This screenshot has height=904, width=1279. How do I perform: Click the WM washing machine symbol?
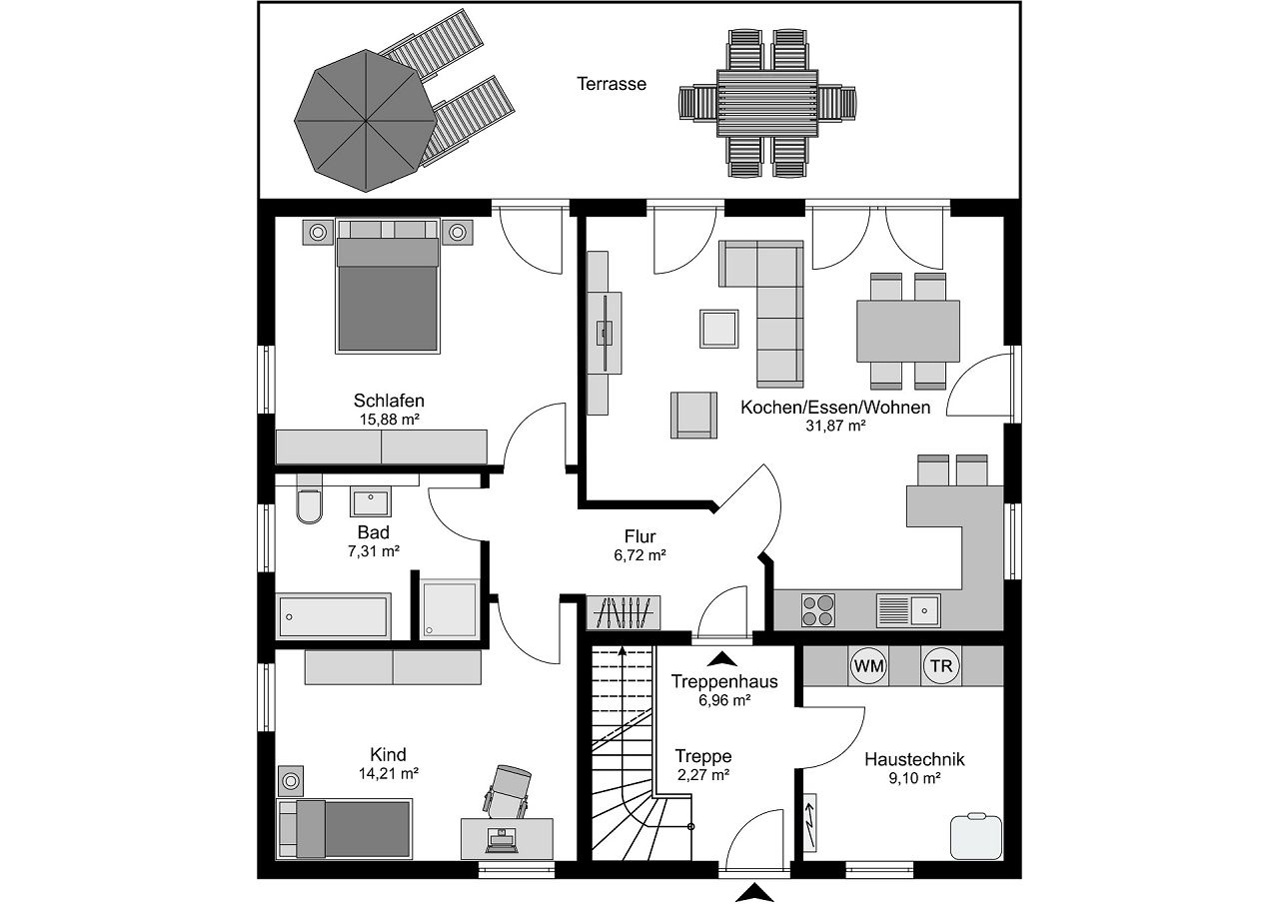pyautogui.click(x=868, y=665)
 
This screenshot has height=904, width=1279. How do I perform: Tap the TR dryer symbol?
pyautogui.click(x=940, y=665)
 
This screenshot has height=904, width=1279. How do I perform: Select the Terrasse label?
pyautogui.click(x=612, y=84)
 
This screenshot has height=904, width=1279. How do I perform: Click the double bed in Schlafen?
pyautogui.click(x=388, y=295)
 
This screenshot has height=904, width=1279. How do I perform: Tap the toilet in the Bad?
pyautogui.click(x=310, y=505)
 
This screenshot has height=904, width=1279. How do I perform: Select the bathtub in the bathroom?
pyautogui.click(x=334, y=617)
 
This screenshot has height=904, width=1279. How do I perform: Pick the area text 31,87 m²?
pyautogui.click(x=835, y=426)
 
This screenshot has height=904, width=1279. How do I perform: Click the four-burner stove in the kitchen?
pyautogui.click(x=818, y=609)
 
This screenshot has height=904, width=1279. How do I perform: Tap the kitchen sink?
pyautogui.click(x=908, y=606)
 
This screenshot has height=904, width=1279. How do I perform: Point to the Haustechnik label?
pyautogui.click(x=914, y=759)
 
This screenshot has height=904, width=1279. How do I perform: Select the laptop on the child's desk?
pyautogui.click(x=501, y=839)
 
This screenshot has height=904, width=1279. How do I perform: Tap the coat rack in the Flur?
pyautogui.click(x=624, y=611)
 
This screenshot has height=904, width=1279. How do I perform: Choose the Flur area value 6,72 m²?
pyautogui.click(x=639, y=555)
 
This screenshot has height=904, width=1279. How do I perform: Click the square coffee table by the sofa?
pyautogui.click(x=719, y=328)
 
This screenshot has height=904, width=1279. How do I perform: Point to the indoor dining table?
pyautogui.click(x=908, y=332)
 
